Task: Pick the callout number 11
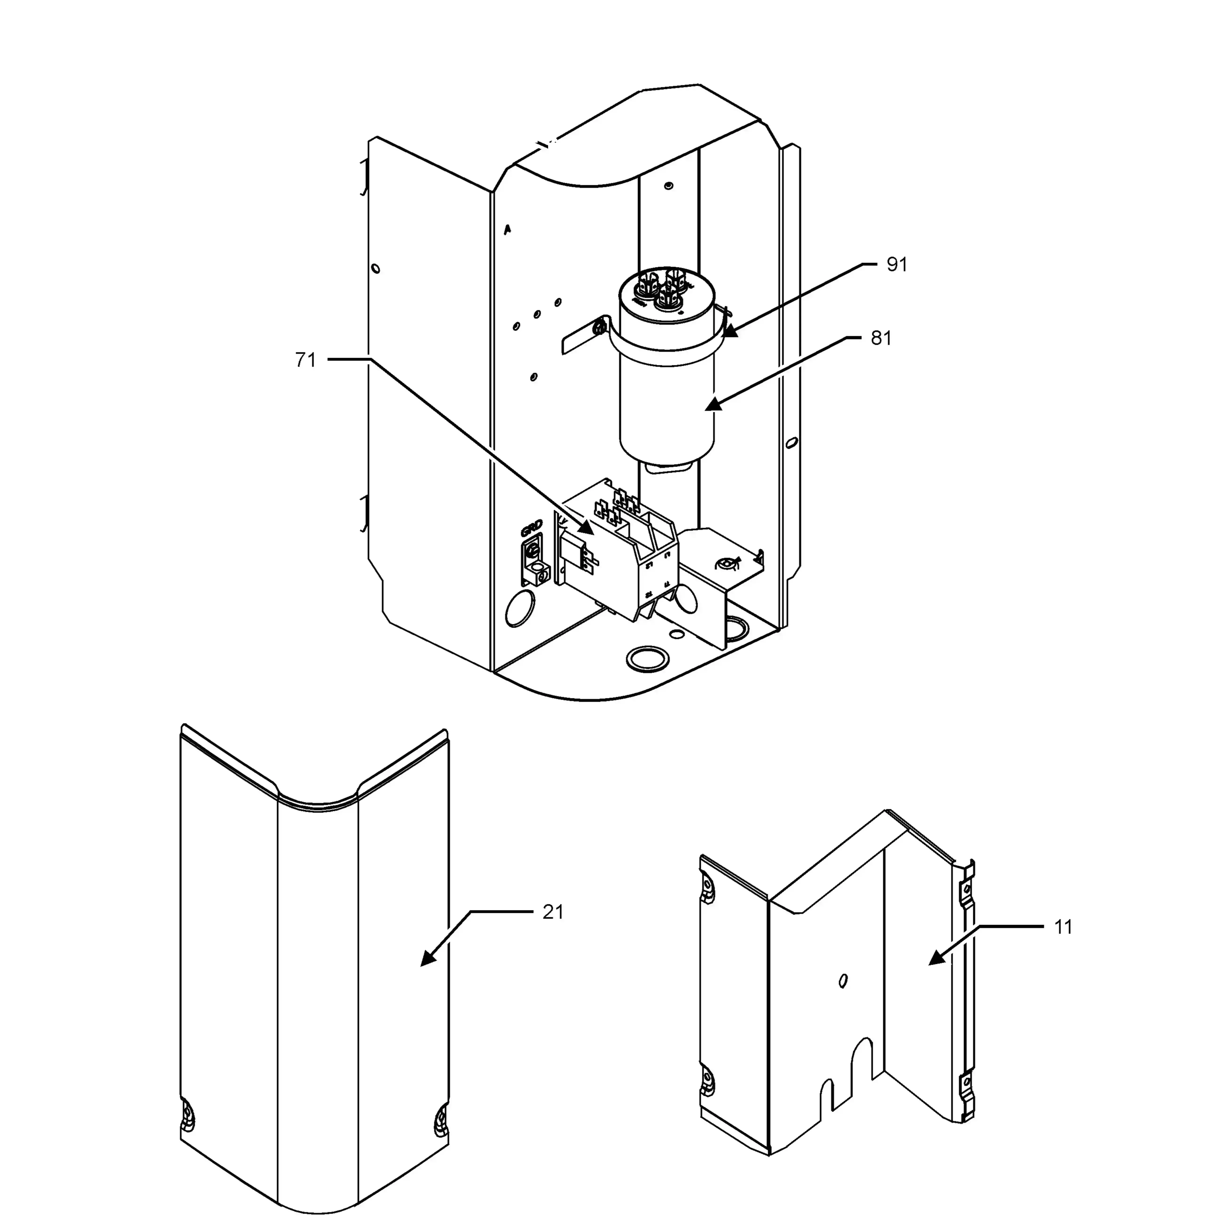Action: coord(1063,927)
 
